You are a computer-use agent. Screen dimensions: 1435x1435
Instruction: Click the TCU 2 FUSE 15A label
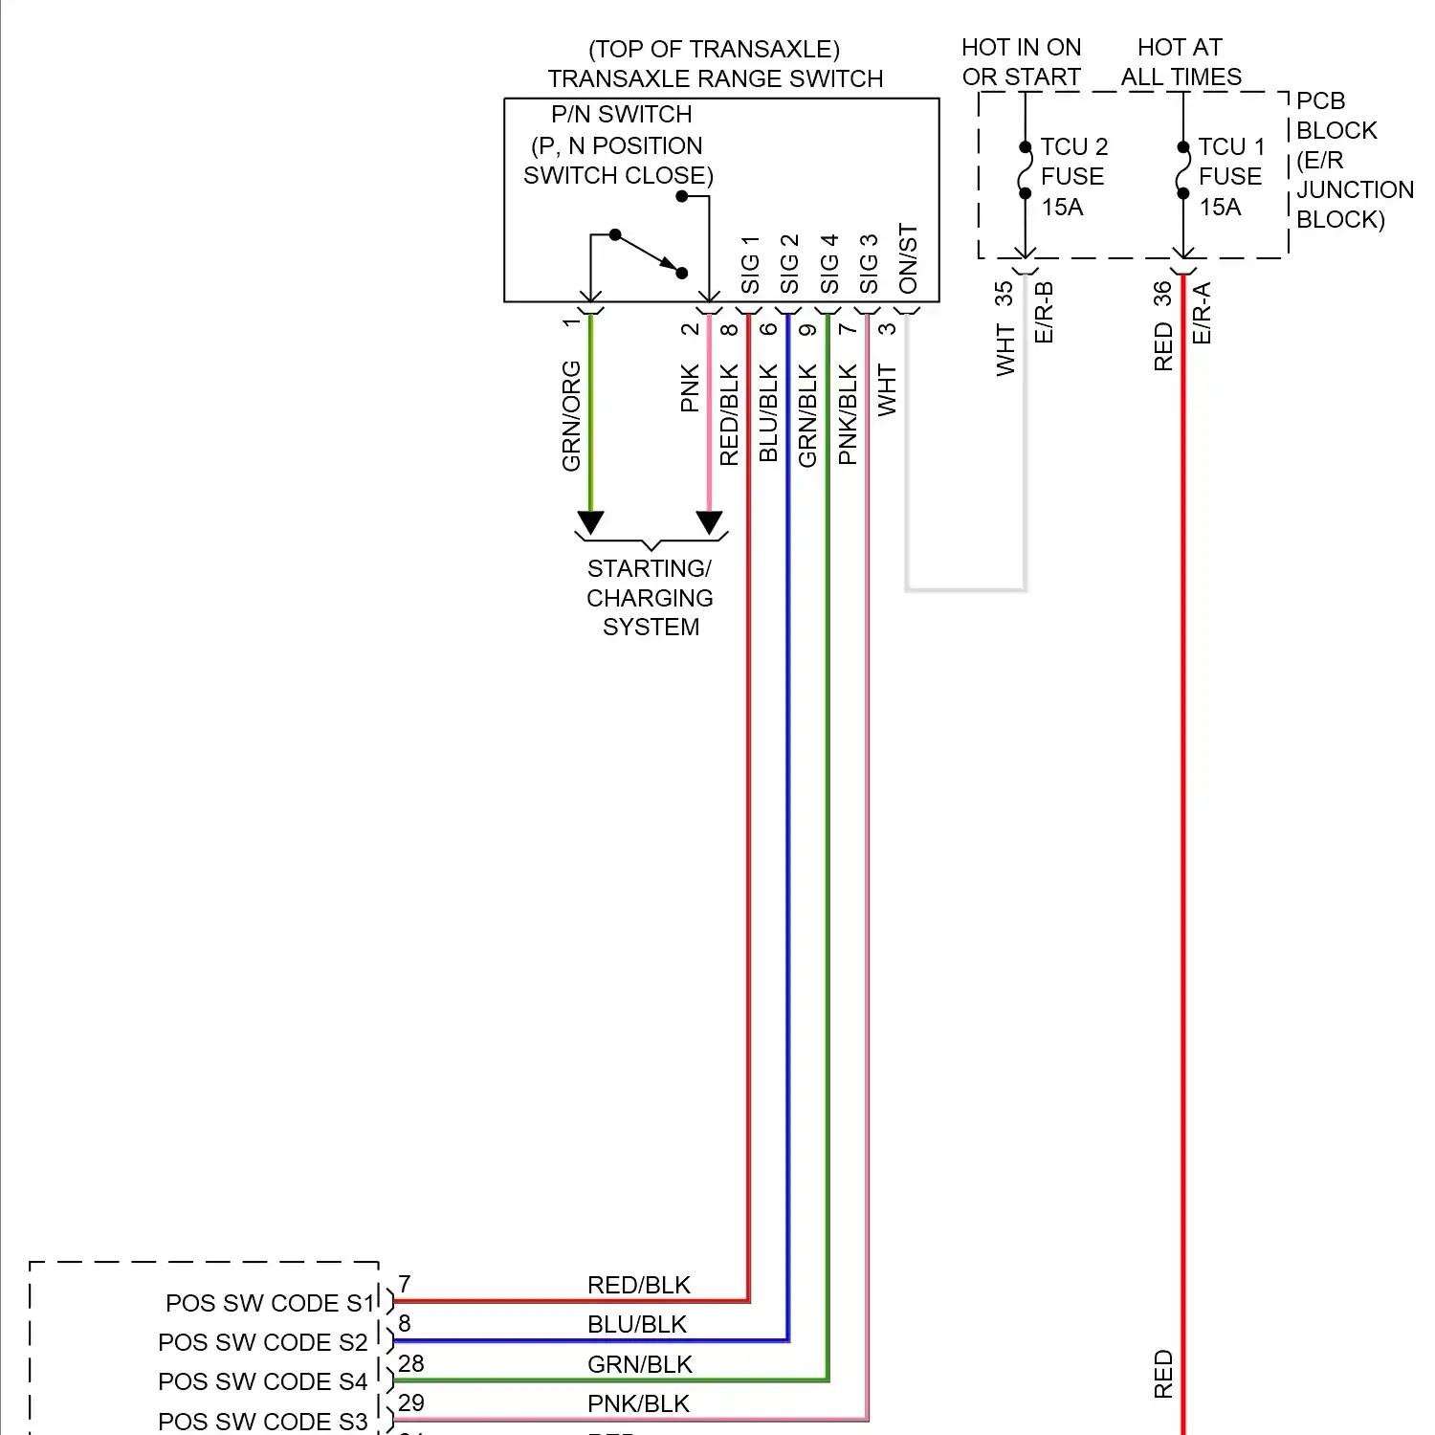point(1073,177)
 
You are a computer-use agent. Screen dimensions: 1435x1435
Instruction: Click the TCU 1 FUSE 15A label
point(1231,177)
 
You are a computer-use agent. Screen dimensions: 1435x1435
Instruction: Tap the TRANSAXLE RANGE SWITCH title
point(715,78)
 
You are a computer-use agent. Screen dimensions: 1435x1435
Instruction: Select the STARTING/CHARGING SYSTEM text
point(650,598)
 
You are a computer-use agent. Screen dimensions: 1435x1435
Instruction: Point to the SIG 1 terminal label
point(750,265)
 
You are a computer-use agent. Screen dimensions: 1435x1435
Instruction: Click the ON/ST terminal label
point(908,259)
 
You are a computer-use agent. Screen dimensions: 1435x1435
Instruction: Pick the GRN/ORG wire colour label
point(571,415)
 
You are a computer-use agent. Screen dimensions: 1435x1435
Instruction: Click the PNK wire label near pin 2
point(690,388)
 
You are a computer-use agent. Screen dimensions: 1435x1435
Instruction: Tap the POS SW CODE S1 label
point(269,1303)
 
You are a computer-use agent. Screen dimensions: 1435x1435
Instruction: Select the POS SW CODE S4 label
point(262,1381)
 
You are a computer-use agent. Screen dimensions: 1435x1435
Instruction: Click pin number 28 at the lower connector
point(411,1363)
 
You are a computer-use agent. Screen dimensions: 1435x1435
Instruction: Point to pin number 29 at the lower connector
point(411,1402)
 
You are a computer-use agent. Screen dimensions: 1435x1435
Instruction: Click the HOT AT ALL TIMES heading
point(1181,62)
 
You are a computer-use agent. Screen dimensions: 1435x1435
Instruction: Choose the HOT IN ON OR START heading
point(1021,62)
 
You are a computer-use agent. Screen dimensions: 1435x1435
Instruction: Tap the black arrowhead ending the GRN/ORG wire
point(590,522)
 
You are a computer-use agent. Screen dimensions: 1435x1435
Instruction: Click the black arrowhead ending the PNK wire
point(709,522)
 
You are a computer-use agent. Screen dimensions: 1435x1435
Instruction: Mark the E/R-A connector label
point(1203,313)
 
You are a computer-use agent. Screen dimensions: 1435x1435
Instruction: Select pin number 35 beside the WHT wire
point(1004,294)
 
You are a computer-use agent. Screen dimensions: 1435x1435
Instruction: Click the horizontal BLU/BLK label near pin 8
point(637,1324)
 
